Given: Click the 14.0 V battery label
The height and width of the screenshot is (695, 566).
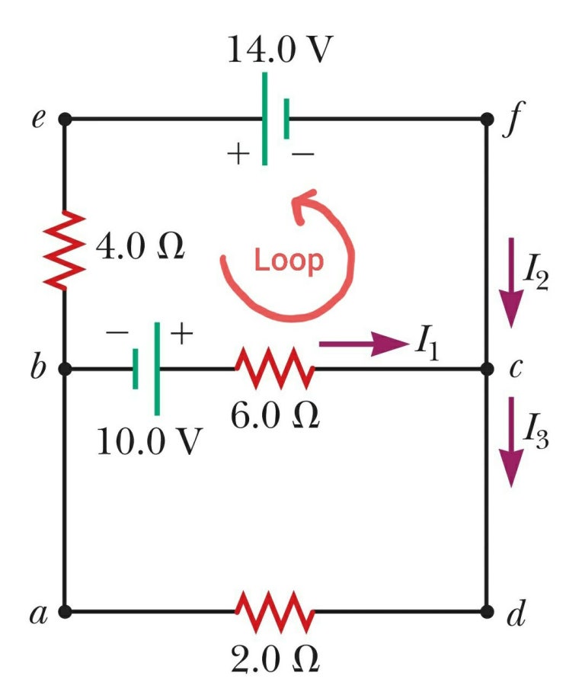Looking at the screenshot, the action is (x=280, y=50).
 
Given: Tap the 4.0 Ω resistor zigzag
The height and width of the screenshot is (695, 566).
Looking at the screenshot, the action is (x=65, y=251).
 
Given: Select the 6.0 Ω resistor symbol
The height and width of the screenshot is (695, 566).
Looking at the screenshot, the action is (x=275, y=368).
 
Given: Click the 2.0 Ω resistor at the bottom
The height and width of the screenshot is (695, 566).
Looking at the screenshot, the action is (x=275, y=611).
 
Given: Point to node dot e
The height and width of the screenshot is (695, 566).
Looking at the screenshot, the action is (x=65, y=119).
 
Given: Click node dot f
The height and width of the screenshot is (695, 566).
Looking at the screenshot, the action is (x=487, y=119).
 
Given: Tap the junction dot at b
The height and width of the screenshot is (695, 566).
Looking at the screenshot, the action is (x=65, y=368).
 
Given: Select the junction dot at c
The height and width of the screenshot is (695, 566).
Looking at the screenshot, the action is (x=487, y=368).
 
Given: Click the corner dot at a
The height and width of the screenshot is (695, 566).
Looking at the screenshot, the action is (x=65, y=612).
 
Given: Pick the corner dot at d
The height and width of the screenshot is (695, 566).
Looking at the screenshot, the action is (x=487, y=612).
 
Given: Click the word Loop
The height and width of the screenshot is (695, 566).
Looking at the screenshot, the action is (x=289, y=261).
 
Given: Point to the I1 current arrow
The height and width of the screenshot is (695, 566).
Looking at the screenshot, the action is (x=363, y=344).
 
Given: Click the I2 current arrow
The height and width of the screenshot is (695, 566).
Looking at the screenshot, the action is (x=511, y=282).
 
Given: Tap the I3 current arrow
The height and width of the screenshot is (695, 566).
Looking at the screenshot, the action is (x=511, y=442).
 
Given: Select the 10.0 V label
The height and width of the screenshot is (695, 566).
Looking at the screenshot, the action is (x=150, y=441).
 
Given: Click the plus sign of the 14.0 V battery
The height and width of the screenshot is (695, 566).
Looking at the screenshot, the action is (x=238, y=155).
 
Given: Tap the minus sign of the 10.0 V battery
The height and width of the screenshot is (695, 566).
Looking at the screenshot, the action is (x=117, y=331).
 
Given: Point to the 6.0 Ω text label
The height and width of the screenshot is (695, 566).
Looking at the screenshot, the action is (x=275, y=416).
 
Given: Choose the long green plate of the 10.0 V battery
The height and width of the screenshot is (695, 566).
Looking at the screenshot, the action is (x=157, y=369).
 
